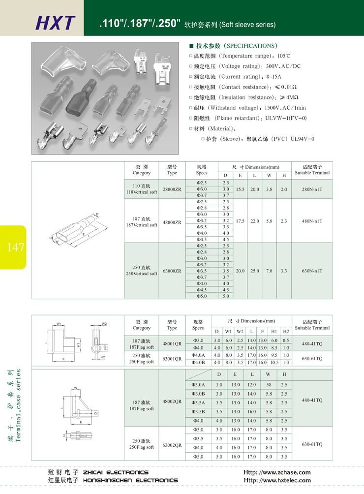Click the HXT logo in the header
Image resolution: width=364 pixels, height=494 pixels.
tap(56, 23)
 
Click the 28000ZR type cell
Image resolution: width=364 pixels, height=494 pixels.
tap(172, 189)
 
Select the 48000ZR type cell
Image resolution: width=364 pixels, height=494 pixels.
tap(172, 221)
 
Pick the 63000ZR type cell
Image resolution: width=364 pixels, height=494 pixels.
tap(172, 271)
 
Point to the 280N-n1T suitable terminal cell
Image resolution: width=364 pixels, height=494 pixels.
tap(312, 189)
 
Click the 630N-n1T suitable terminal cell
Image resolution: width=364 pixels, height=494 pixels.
tap(312, 271)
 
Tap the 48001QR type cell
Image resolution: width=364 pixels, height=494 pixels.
tap(172, 343)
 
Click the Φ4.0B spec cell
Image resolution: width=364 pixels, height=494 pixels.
tap(198, 363)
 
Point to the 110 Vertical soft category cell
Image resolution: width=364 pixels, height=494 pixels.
tap(141, 189)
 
